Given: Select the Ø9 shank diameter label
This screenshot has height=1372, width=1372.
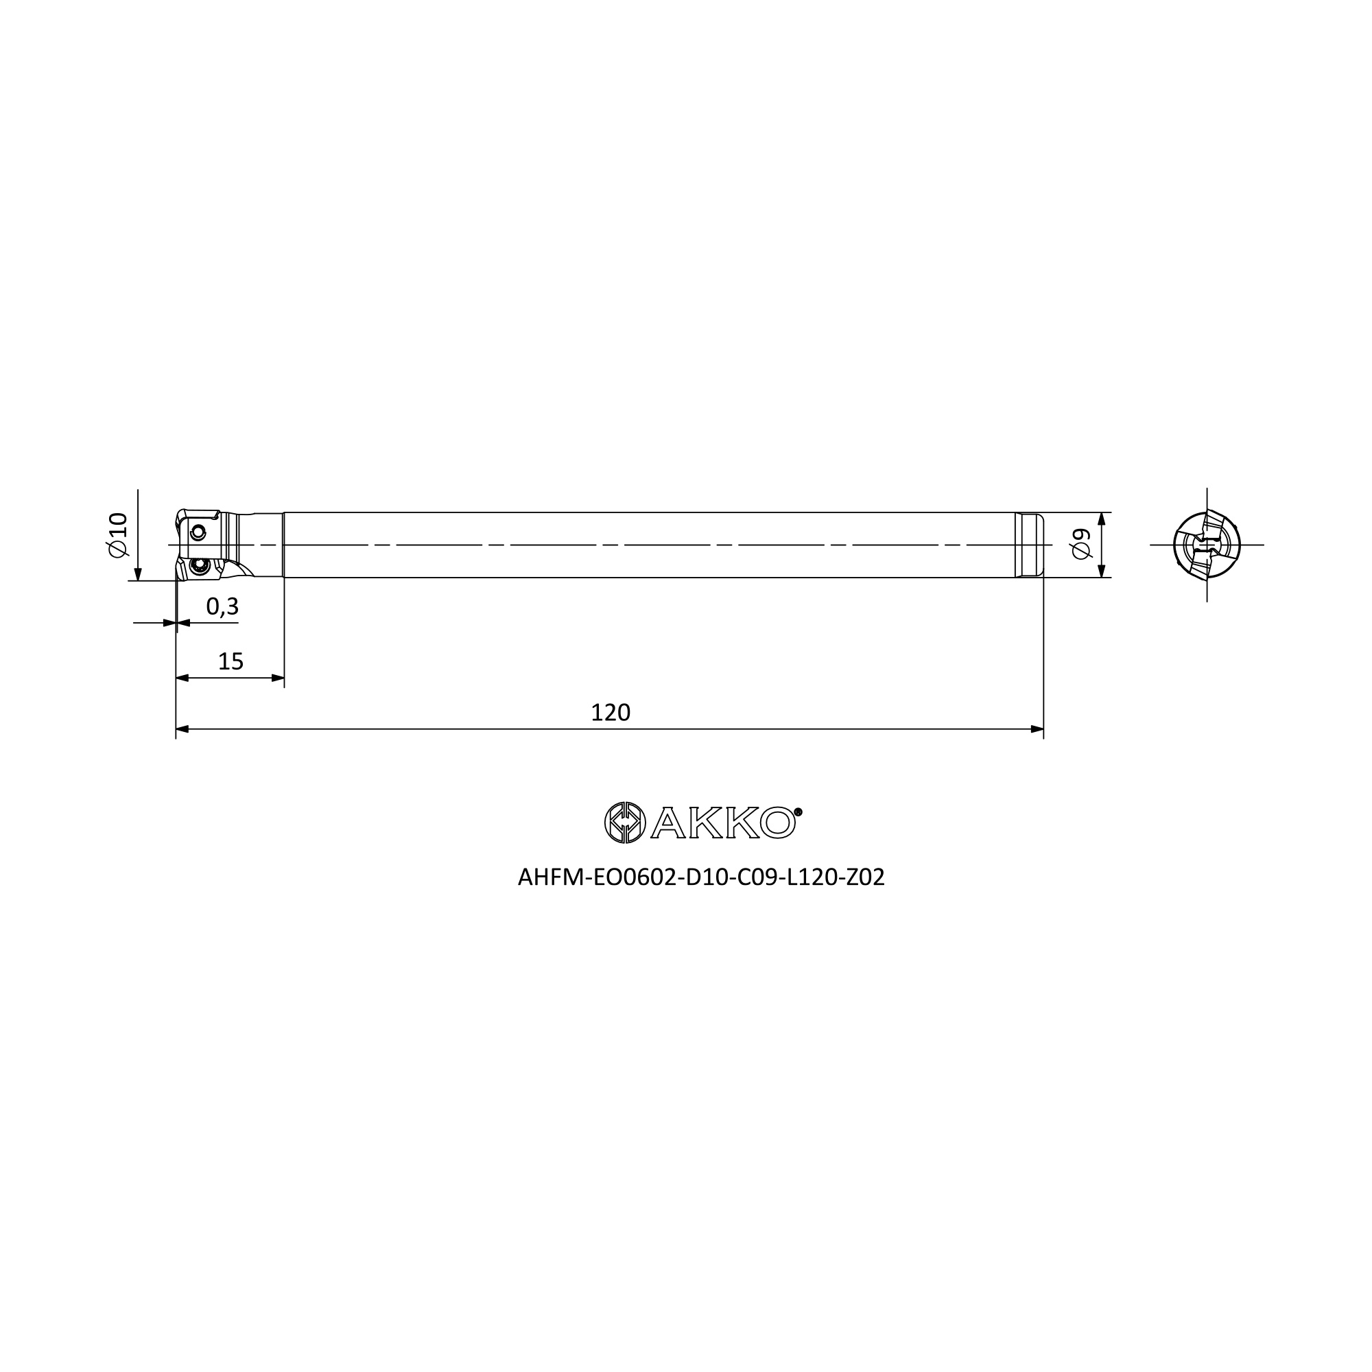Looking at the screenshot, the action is tap(1081, 545).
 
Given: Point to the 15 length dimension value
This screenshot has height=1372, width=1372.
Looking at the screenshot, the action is tap(230, 662).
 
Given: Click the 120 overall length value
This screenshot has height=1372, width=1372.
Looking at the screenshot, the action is tap(611, 712).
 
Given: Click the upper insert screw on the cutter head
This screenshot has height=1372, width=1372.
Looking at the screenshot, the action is tap(198, 531).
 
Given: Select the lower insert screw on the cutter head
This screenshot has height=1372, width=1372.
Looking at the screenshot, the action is tap(200, 566).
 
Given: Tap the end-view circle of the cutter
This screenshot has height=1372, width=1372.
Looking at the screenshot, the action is tap(1207, 545).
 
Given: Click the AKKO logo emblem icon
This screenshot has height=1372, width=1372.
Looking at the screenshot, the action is tap(625, 823).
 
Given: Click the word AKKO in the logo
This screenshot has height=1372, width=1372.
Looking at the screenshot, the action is tap(723, 823).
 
